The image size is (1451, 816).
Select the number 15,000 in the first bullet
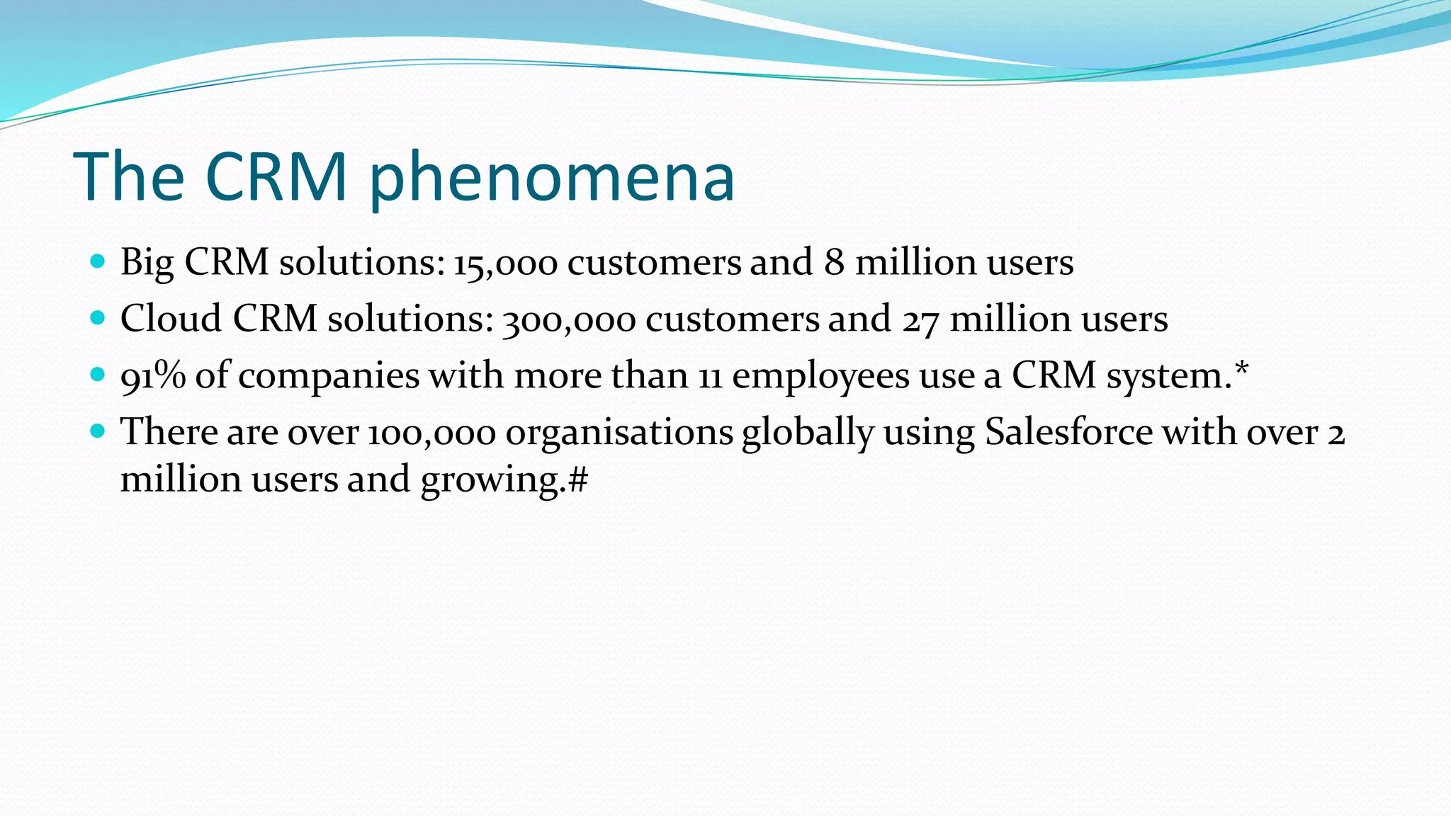point(505,263)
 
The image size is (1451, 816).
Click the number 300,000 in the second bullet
point(569,319)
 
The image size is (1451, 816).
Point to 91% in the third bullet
point(152,375)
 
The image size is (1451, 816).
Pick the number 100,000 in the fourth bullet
point(431,433)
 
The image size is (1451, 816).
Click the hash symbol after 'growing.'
point(578,480)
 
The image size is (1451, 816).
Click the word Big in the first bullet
point(147,263)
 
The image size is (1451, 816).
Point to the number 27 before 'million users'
point(920,320)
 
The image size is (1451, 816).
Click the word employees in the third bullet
point(820,376)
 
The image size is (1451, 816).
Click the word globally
point(808,433)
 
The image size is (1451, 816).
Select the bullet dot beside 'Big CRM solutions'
point(98,261)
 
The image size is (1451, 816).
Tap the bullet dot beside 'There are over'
point(98,430)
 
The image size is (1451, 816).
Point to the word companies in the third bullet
point(329,376)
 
